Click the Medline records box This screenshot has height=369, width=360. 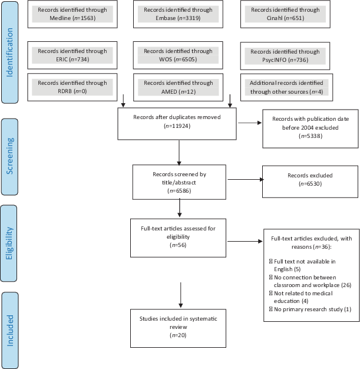point(72,14)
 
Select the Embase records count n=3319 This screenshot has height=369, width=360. point(189,18)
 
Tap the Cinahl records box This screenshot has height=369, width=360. point(285,14)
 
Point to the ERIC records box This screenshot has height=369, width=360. point(72,55)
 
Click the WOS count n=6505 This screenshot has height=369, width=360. point(186,60)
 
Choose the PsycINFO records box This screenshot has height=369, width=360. point(285,56)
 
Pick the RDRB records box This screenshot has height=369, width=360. point(72,87)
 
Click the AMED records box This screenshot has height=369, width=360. point(178,87)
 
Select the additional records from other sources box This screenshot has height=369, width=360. point(286,87)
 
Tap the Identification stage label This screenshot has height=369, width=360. point(9,52)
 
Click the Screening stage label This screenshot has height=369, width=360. point(9,157)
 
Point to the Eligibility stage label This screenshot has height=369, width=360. point(9,243)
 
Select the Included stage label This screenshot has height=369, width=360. point(10,331)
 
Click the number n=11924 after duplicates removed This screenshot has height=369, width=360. point(177,126)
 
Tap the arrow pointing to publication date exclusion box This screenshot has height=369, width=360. point(250,123)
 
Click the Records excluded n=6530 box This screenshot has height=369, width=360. point(310,182)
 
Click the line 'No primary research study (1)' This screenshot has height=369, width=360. point(311,309)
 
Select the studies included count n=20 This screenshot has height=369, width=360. point(178,335)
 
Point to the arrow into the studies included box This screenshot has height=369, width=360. point(181,295)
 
